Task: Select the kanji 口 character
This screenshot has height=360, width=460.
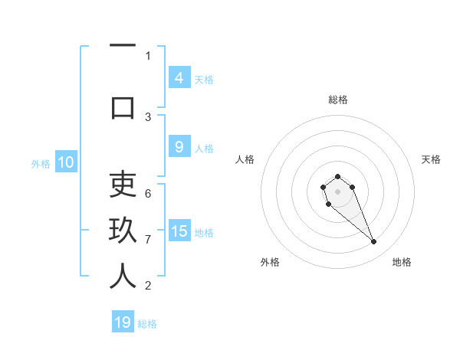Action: pos(123,106)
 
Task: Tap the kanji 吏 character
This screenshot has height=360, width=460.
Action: pos(123,184)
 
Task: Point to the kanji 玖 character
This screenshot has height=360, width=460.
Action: pos(123,230)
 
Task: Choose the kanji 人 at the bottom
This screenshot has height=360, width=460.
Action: pos(123,276)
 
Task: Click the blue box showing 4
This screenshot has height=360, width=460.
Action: pos(179,77)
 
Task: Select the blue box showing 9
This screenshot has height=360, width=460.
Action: pos(179,147)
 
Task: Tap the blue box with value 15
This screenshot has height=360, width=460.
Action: pos(179,231)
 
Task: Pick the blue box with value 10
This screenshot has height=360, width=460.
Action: pos(65,162)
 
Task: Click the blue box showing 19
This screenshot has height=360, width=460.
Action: pos(123,322)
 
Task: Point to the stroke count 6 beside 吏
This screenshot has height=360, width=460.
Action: pos(148,193)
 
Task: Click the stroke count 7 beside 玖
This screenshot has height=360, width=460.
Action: pos(148,240)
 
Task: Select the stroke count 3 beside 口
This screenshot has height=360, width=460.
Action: pos(148,116)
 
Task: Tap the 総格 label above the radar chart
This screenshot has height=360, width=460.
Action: pos(337,100)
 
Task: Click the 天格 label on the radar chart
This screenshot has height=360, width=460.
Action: pos(432,159)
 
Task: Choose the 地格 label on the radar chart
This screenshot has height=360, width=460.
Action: pos(402,262)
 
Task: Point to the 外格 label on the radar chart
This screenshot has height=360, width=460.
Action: pos(270,262)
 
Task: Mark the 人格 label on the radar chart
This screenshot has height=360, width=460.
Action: pos(245,159)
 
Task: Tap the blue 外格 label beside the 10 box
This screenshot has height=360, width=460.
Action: pos(41,163)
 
